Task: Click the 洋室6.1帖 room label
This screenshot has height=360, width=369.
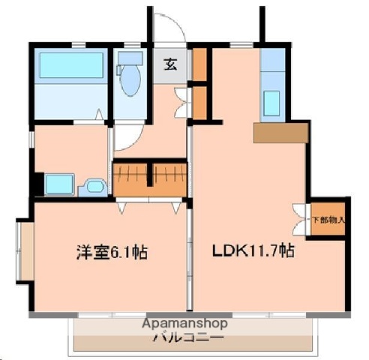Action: (110, 252)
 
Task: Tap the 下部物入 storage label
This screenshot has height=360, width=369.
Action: (328, 220)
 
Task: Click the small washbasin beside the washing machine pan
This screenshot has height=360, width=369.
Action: (93, 186)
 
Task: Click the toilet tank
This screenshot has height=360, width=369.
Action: (130, 57)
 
